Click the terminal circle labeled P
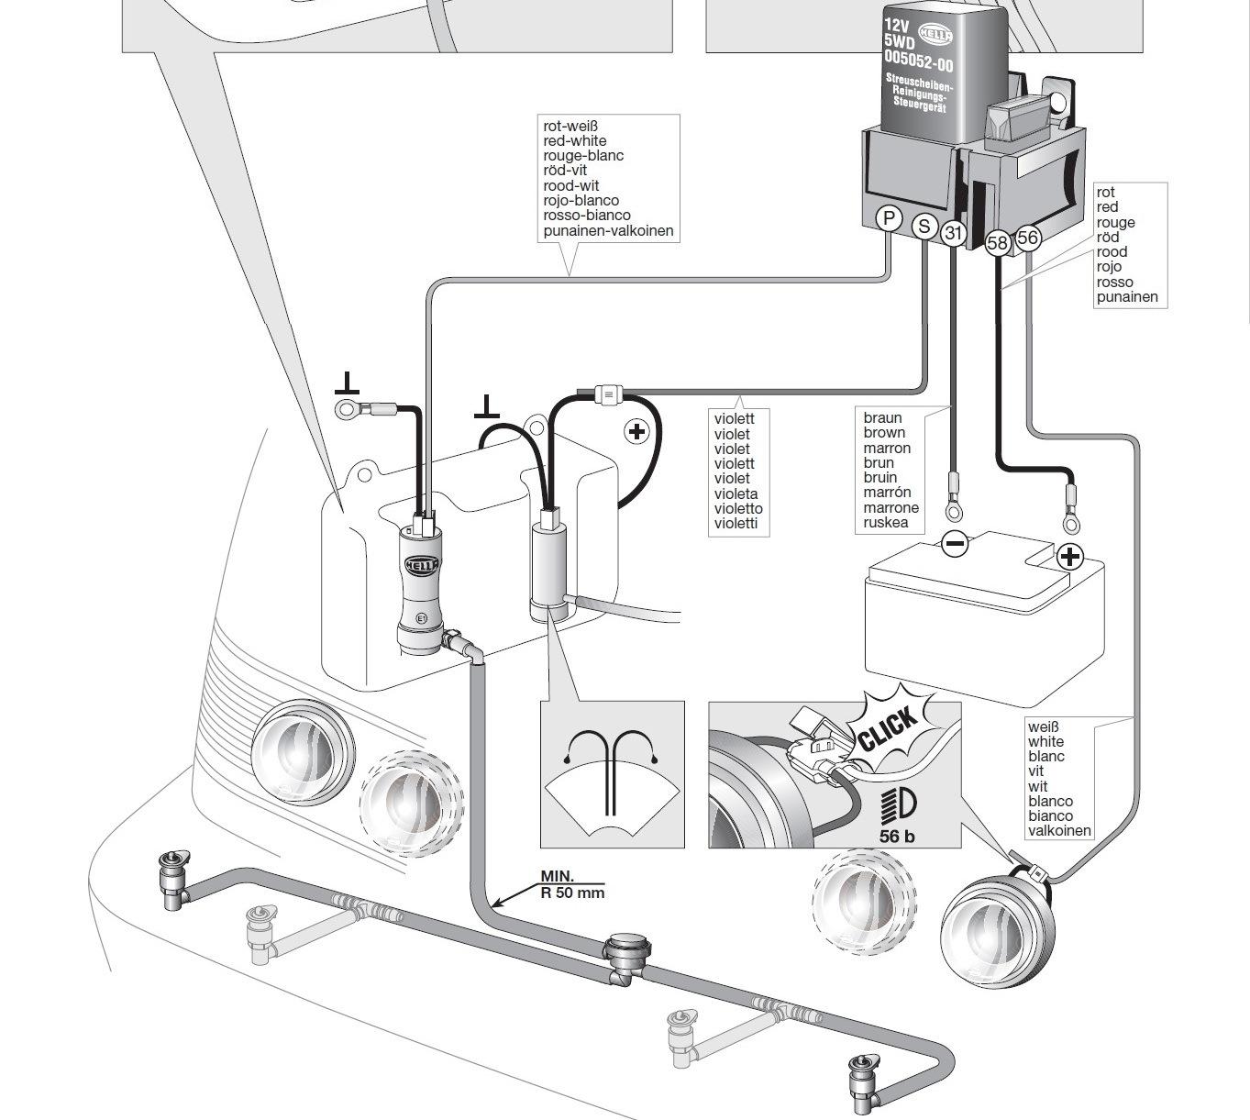[889, 217]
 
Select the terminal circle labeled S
[924, 226]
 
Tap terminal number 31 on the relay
[953, 233]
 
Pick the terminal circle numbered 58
[997, 242]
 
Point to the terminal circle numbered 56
[1028, 238]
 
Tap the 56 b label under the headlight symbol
[897, 837]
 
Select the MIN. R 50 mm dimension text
[572, 884]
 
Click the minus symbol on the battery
[955, 544]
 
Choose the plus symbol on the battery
[1070, 557]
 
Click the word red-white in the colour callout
[574, 140]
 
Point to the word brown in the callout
[884, 433]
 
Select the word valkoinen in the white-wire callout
[1059, 830]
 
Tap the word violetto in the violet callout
[738, 508]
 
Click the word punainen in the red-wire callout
[1127, 297]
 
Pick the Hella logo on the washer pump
[422, 564]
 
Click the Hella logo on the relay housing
[935, 35]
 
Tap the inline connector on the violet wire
[608, 394]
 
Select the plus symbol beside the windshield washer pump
[636, 431]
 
